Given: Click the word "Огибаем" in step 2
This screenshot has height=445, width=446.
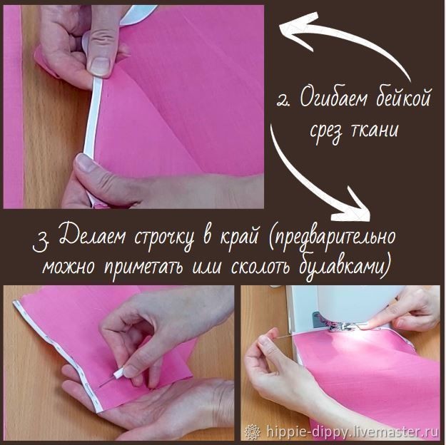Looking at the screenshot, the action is (x=335, y=98).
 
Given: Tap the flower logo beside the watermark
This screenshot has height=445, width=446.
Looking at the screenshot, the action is (x=253, y=432).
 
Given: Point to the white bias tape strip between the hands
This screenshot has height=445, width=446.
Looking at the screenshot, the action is (x=92, y=116).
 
